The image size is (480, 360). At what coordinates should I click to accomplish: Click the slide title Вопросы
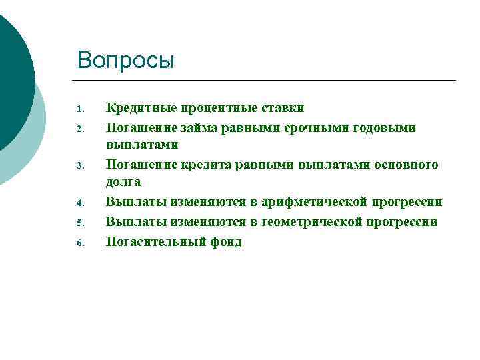[125, 60]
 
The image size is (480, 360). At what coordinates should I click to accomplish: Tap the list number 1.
[79, 109]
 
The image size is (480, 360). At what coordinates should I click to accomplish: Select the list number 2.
[79, 128]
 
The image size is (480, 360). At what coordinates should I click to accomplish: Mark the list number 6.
[79, 243]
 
